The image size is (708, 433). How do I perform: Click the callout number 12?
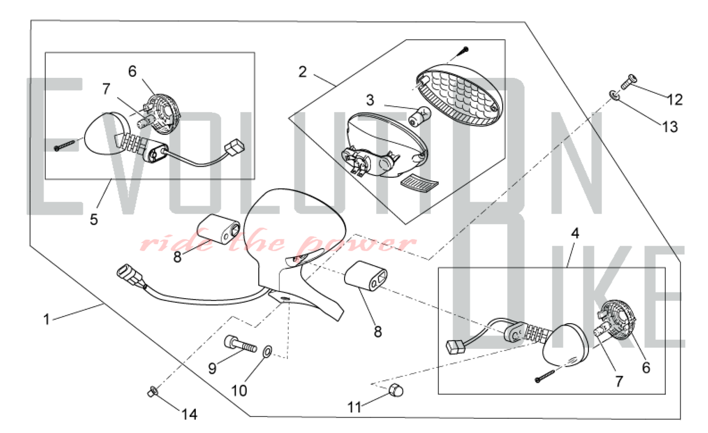(675, 100)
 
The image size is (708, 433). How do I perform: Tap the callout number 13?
(670, 127)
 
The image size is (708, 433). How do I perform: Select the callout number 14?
(189, 414)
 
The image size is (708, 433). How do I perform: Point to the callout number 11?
(354, 408)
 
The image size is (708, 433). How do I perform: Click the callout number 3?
(370, 100)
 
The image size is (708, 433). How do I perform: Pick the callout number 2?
(302, 72)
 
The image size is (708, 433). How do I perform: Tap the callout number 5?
(93, 219)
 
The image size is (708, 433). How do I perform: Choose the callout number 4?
(575, 233)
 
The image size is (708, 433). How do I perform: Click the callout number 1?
(46, 319)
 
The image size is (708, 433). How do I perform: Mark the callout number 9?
(212, 369)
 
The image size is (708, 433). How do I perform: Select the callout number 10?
(239, 391)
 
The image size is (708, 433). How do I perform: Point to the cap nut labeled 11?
(396, 390)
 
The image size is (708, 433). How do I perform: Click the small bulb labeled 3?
(420, 116)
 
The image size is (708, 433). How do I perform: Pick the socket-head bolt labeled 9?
(240, 343)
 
